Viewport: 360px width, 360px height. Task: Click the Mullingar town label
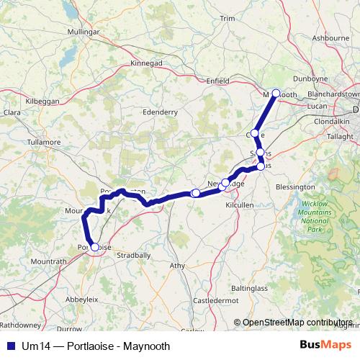coord(83,32)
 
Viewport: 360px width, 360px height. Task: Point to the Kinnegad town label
coord(146,63)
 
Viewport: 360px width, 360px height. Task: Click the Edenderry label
coord(161,112)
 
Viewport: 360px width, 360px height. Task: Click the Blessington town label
coord(295,186)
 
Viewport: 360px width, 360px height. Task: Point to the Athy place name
coord(177,266)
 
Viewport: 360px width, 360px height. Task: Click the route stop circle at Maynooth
coord(275,93)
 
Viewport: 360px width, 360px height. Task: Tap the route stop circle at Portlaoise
coord(94,247)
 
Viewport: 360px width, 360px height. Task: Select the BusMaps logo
coord(325,346)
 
